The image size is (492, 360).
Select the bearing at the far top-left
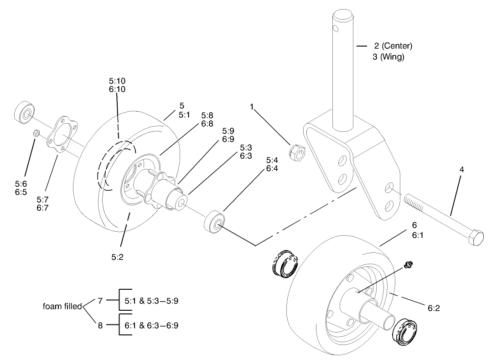(23, 112)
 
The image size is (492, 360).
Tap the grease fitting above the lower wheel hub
(409, 263)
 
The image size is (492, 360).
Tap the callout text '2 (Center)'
(393, 46)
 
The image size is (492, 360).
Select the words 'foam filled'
(62, 306)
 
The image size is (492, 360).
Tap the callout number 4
(461, 170)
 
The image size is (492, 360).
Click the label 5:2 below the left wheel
(118, 257)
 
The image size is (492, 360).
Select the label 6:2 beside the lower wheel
(434, 309)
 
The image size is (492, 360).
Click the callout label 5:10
(117, 81)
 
